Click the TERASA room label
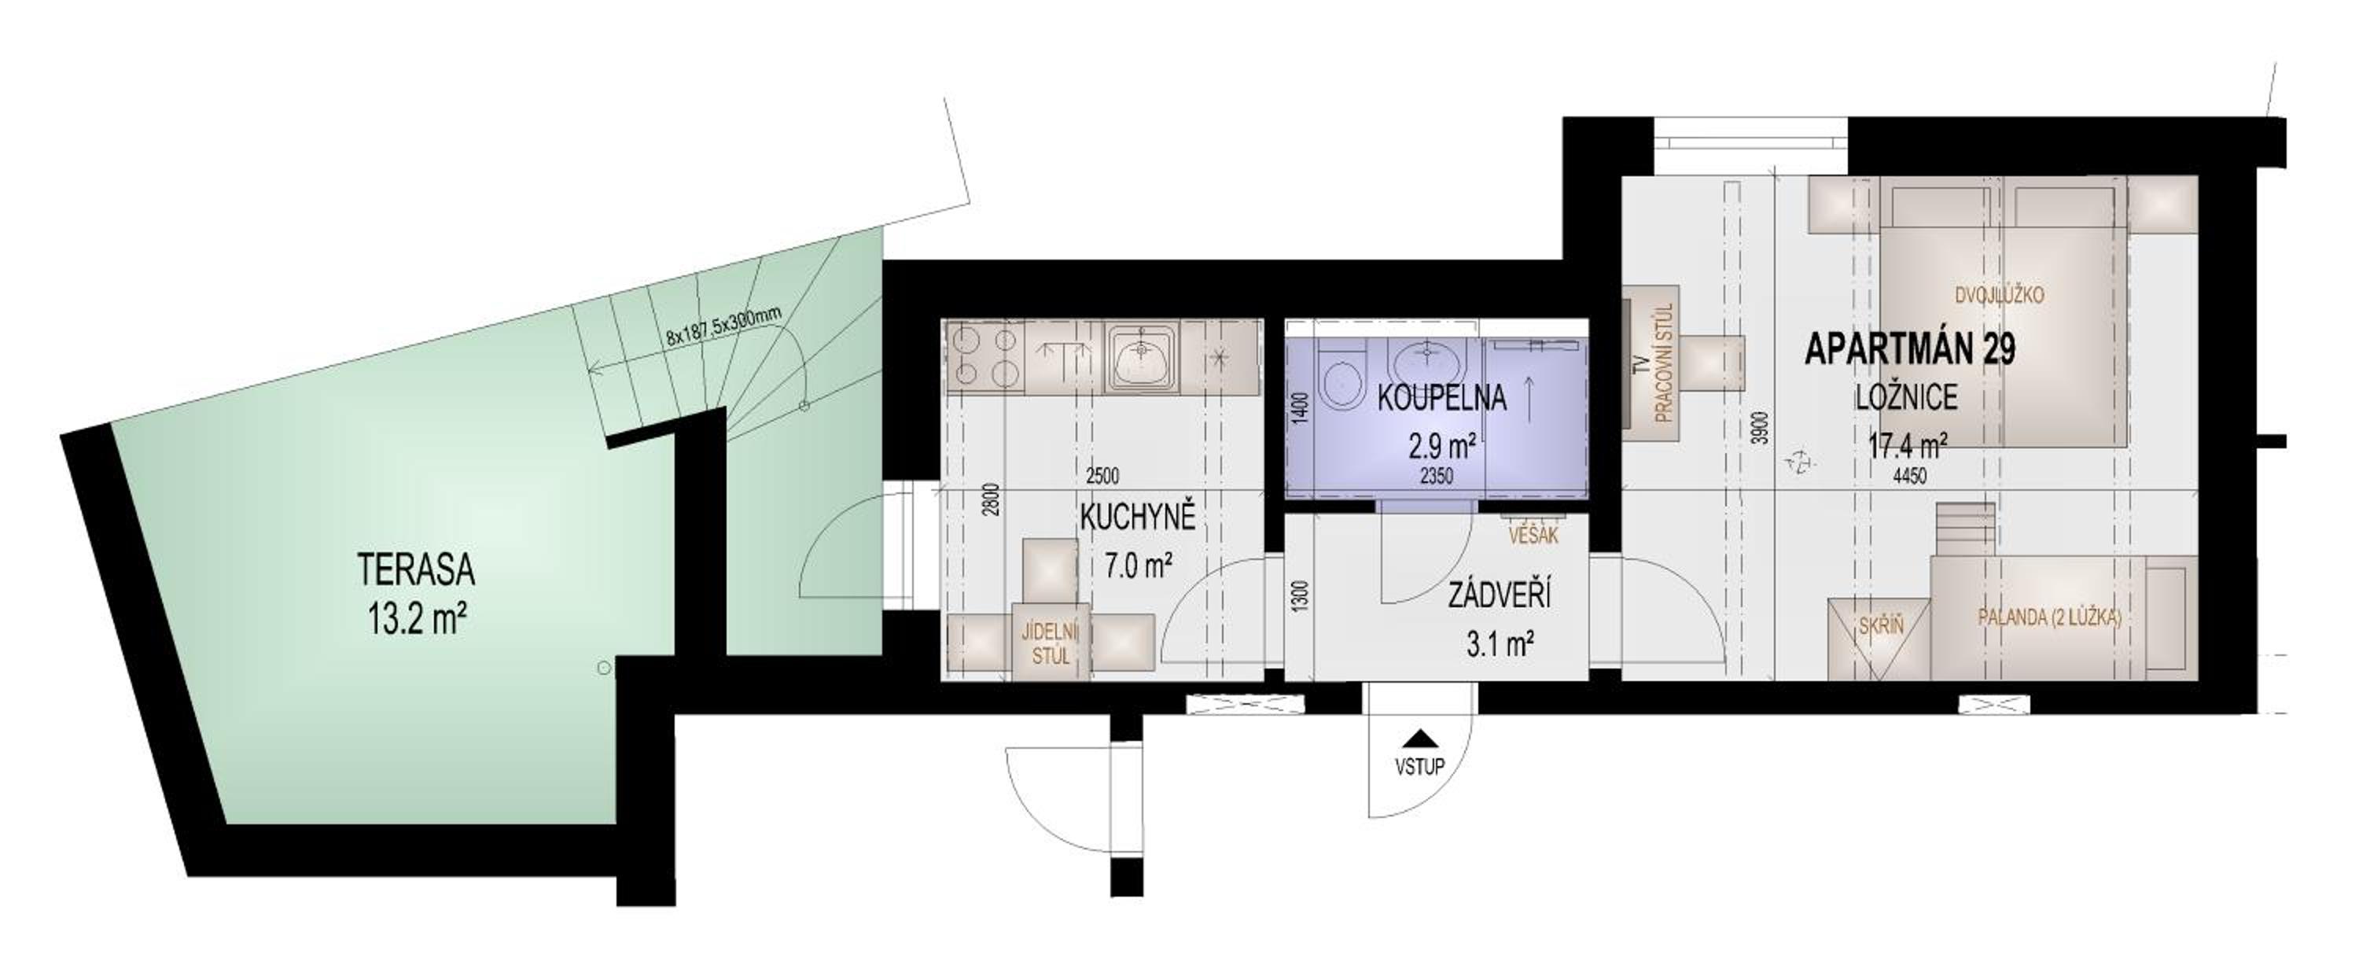coord(416,570)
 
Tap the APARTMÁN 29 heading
coord(1909,350)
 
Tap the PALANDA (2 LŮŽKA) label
coord(2049,617)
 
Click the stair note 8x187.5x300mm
coord(723,326)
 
